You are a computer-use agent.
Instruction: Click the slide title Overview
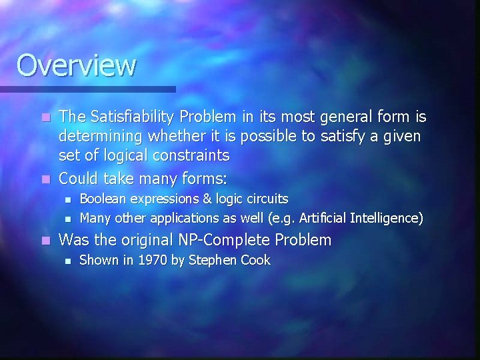(x=76, y=66)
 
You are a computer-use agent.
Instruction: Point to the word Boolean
(x=102, y=199)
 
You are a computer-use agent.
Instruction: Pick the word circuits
(x=265, y=199)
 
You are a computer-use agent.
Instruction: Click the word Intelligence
(x=385, y=217)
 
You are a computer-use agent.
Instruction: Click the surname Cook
(x=255, y=260)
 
